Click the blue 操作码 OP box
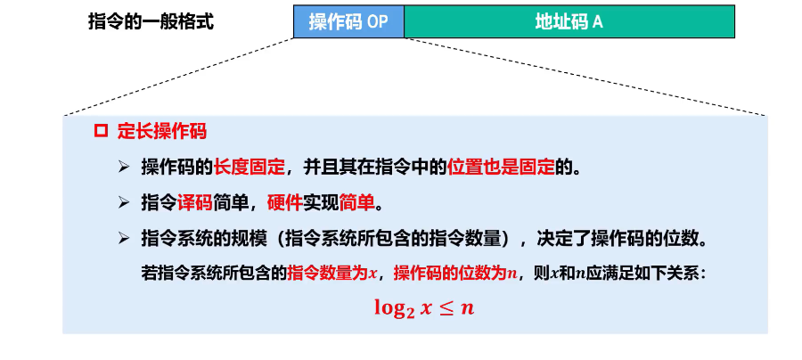[348, 22]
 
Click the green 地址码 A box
[569, 22]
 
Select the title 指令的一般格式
[151, 22]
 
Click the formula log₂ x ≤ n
[422, 307]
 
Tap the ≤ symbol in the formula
[446, 307]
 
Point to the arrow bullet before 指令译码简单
[124, 203]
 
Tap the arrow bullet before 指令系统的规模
[124, 239]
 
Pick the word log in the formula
[390, 307]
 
